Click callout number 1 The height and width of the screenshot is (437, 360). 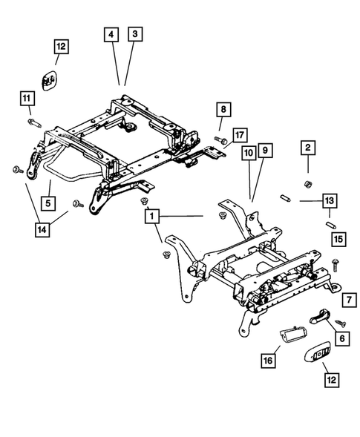coord(151,216)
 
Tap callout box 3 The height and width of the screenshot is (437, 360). coord(134,33)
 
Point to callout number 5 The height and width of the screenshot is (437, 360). coord(46,201)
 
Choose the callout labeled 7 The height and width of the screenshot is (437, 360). coord(346,300)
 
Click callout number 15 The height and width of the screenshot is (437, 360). coord(338,239)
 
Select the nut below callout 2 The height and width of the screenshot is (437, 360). coord(307,183)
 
